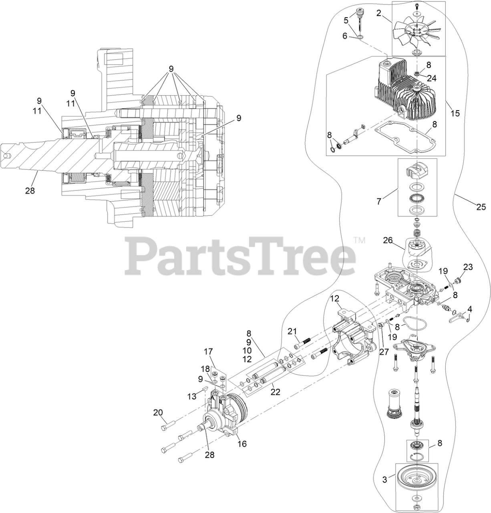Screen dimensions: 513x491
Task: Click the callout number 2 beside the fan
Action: click(378, 13)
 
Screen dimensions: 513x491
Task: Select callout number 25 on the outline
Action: click(481, 207)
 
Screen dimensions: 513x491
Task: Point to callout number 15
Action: click(455, 113)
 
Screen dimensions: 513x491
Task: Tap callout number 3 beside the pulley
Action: click(385, 479)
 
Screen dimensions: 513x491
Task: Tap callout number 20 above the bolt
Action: click(158, 412)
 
